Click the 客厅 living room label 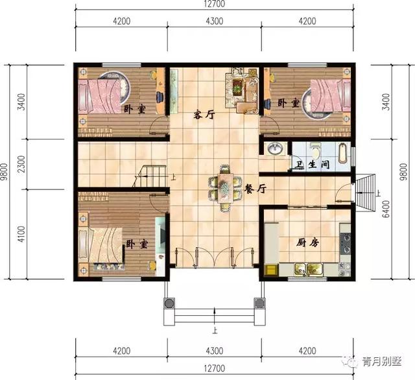(x=205, y=115)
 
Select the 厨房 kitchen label (x=307, y=243)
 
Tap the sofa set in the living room (x=241, y=92)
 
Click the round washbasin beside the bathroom (x=274, y=149)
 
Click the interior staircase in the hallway (x=151, y=176)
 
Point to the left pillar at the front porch (x=169, y=303)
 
